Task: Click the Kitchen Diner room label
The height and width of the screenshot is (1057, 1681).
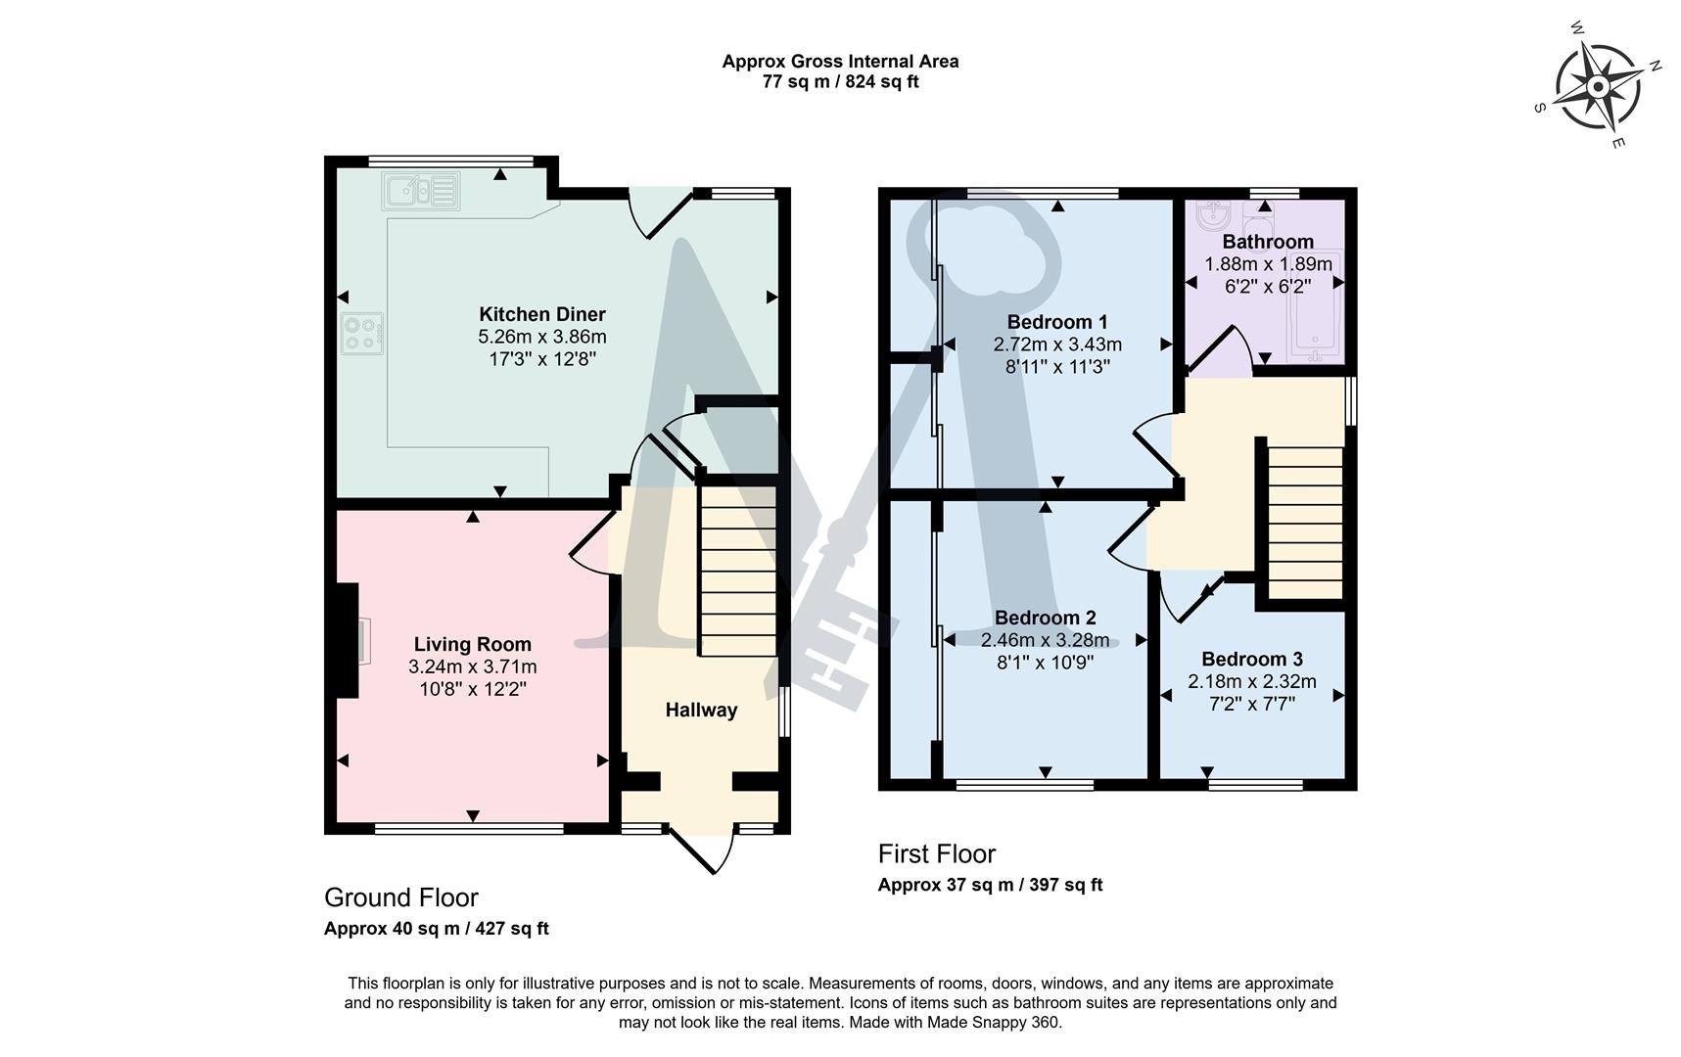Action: tap(541, 314)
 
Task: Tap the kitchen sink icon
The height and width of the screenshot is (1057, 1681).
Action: tap(421, 191)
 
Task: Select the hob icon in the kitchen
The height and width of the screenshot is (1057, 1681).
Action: tap(362, 333)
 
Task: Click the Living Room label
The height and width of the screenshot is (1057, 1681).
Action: tap(472, 644)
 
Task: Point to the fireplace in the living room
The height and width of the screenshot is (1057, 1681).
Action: tap(350, 641)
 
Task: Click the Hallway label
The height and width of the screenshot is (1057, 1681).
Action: tap(701, 710)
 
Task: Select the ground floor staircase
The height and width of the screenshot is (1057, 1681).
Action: tap(738, 573)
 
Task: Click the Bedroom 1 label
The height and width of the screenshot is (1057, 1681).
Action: tap(1057, 322)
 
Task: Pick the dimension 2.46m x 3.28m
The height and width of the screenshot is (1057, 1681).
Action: tap(1045, 640)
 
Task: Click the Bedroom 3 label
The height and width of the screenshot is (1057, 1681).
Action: tap(1252, 659)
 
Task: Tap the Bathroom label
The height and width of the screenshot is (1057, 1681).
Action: tap(1268, 242)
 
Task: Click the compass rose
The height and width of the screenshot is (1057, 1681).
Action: tap(1597, 87)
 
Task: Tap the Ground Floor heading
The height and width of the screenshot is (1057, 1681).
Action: tap(401, 897)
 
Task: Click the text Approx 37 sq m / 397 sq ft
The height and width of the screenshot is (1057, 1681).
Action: tap(990, 885)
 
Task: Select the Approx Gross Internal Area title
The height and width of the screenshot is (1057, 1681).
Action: tap(840, 61)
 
